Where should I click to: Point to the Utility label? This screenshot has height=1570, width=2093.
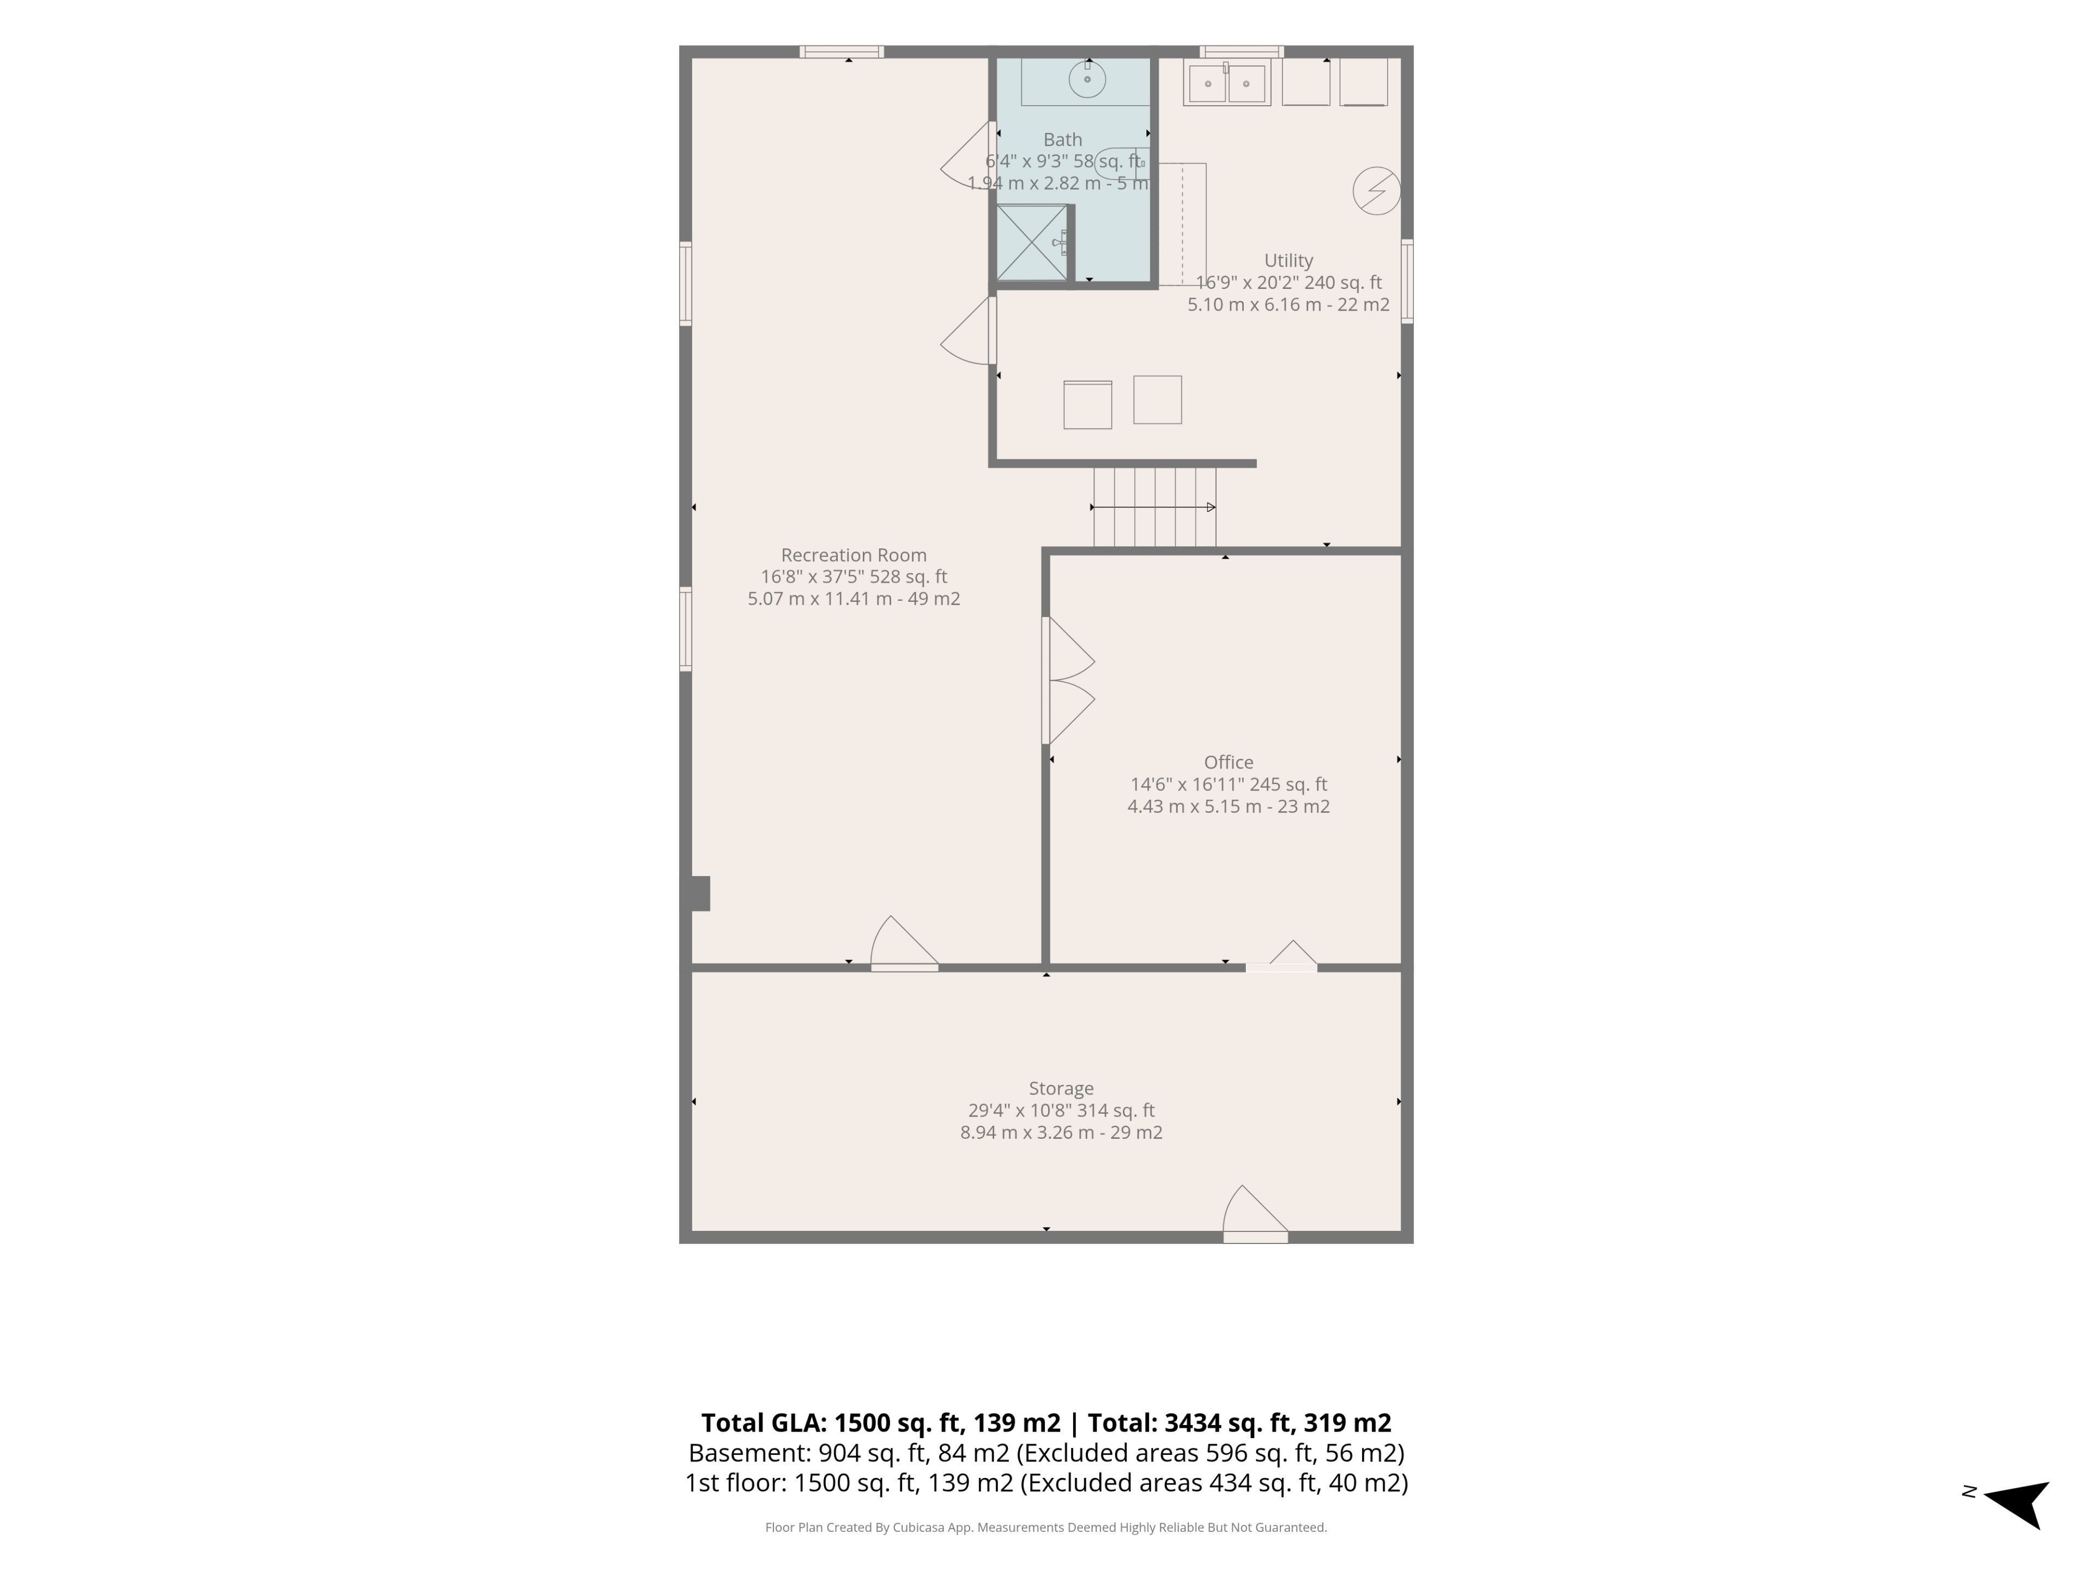coord(1289,260)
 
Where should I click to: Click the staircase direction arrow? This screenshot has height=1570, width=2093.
coord(1153,507)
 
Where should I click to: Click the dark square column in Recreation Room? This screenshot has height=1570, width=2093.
coord(700,893)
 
